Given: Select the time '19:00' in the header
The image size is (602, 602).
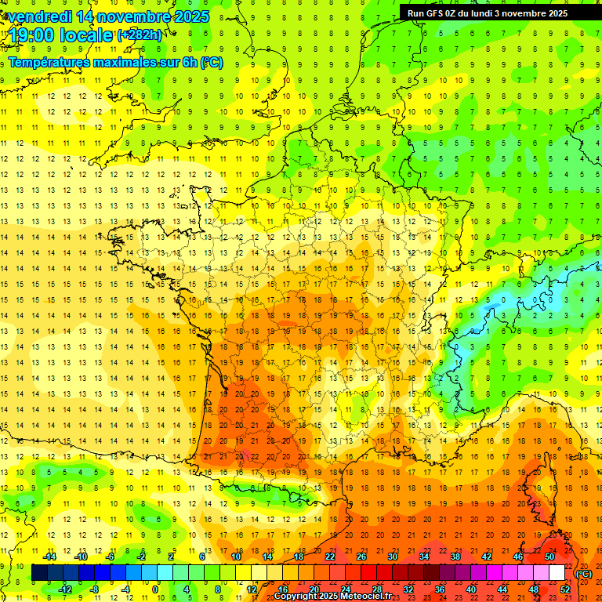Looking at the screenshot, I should pos(31,36).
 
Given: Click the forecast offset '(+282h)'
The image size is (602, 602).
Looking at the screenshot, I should pos(140,35).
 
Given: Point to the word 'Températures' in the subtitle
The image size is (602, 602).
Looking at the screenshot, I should pos(49,62).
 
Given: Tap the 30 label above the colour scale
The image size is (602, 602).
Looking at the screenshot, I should pos(393,557).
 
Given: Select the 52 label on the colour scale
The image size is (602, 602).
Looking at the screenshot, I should pos(564,589).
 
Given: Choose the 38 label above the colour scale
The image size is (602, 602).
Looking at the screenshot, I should pos(455,557).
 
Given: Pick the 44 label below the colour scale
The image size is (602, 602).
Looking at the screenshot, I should pos(502,589).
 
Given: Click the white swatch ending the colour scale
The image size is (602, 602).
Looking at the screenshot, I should pos(557,573).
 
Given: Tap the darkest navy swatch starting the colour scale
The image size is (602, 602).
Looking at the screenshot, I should pos(39,573).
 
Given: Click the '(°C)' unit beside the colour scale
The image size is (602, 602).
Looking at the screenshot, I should pos(583,574).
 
